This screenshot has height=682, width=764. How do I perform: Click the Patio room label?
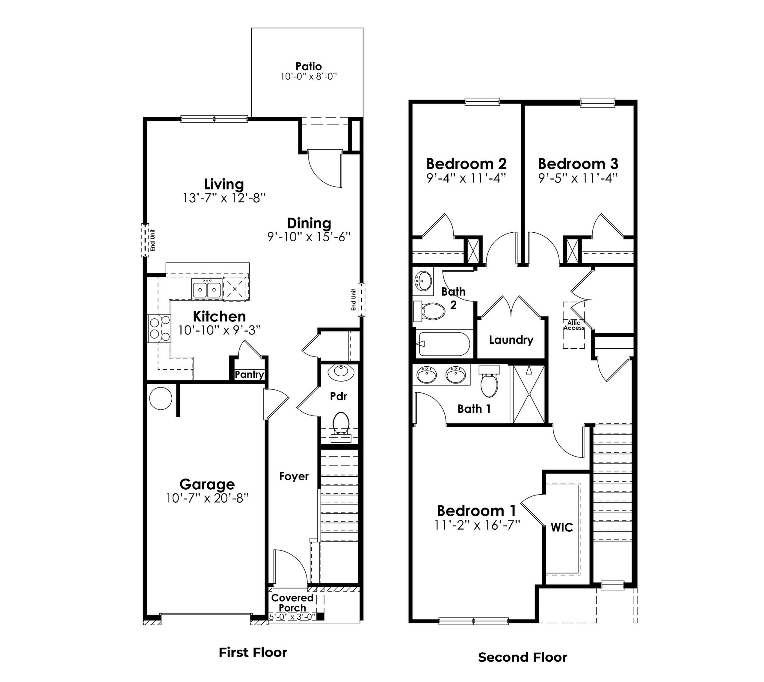[x=309, y=66]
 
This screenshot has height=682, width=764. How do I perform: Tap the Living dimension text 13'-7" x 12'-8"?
[x=224, y=198]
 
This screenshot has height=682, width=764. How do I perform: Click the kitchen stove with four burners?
[x=159, y=329]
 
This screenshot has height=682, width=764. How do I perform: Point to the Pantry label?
[x=249, y=374]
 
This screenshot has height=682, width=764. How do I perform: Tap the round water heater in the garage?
[x=161, y=398]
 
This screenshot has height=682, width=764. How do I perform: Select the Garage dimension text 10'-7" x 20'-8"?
[x=207, y=498]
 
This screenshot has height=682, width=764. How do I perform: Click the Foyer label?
[x=294, y=476]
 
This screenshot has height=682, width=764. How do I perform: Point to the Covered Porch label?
[x=292, y=603]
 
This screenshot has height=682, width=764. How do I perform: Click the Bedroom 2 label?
[x=466, y=164]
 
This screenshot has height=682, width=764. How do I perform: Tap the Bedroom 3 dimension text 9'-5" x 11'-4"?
[x=578, y=178]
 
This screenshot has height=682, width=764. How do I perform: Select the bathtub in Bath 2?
[x=444, y=344]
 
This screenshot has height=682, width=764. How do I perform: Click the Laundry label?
[x=511, y=340]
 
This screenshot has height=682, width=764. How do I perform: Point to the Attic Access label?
[x=574, y=325]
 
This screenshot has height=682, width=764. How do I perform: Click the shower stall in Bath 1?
[x=529, y=394]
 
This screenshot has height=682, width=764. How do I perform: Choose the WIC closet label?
[x=562, y=528]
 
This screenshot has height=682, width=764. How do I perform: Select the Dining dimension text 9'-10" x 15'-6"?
[x=309, y=237]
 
